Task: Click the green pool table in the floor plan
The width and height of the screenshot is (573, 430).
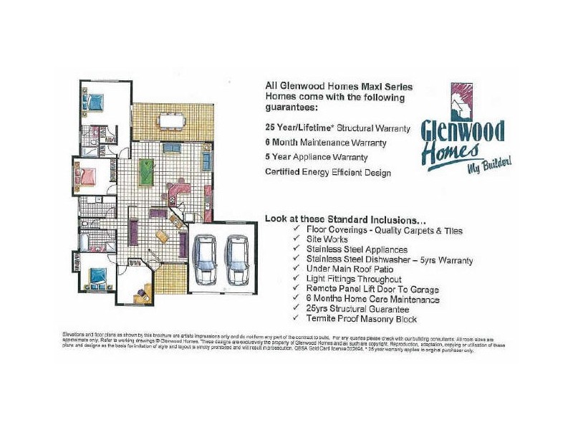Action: point(146,172)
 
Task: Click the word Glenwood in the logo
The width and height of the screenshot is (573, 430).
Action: point(462,132)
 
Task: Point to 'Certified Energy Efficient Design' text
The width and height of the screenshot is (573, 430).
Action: point(328,172)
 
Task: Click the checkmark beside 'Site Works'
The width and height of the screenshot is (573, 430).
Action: point(297,239)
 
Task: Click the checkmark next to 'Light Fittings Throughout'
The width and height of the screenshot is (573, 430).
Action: point(297,279)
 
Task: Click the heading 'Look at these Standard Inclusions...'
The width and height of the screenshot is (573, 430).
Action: point(346,218)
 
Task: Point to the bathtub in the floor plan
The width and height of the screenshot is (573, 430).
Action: point(85,242)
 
